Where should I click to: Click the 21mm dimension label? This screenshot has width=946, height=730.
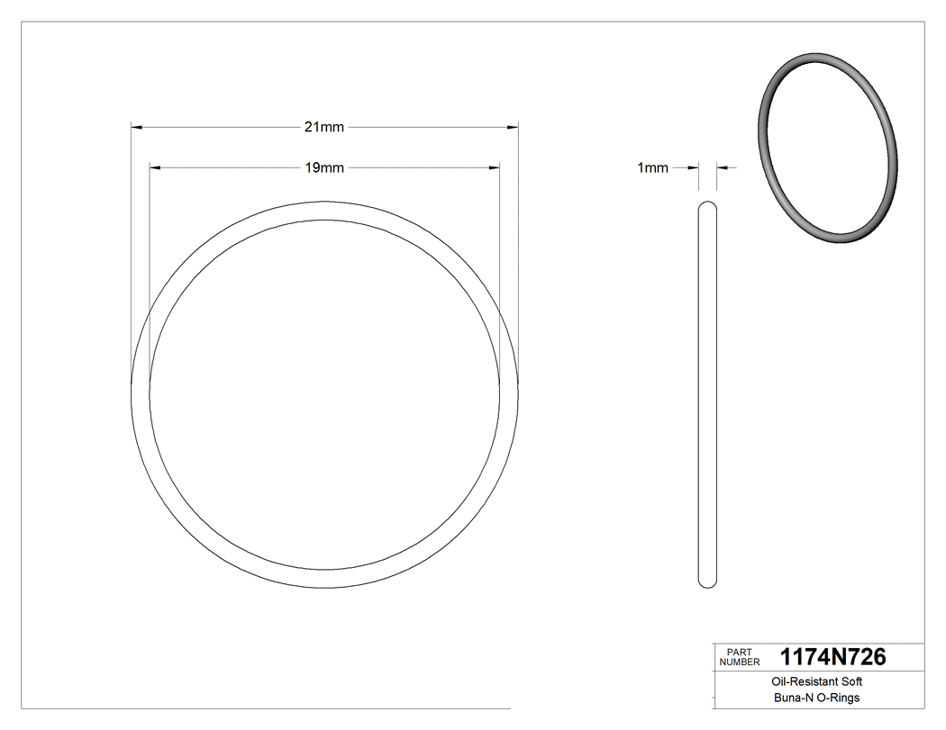click(323, 127)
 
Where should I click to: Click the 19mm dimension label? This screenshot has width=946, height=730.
click(323, 167)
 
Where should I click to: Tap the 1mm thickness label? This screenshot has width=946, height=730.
click(652, 167)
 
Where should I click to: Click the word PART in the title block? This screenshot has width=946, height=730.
click(739, 652)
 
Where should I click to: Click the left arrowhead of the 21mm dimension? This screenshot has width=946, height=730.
click(138, 127)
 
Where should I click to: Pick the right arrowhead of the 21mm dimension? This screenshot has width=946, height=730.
click(513, 127)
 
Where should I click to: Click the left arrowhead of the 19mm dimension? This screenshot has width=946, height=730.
click(155, 167)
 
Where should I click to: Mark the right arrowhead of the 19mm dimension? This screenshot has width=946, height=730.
click(494, 167)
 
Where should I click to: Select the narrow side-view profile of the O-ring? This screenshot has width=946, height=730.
click(708, 396)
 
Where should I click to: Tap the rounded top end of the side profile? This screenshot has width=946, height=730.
click(708, 207)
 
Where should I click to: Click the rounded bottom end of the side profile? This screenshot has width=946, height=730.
click(708, 583)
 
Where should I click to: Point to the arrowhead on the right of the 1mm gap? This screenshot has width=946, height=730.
click(723, 167)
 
